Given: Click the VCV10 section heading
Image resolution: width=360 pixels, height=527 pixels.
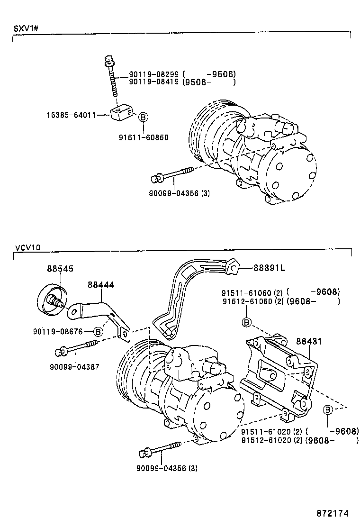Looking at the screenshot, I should [28, 247].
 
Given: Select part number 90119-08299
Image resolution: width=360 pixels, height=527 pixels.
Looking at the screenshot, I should [152, 74].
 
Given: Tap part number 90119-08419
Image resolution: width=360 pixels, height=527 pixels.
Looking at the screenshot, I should [152, 82].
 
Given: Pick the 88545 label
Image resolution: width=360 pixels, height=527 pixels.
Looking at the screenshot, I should [60, 269].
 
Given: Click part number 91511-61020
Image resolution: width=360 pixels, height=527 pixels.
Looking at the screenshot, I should [264, 431].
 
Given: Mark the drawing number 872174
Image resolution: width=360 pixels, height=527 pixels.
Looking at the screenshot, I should [333, 513].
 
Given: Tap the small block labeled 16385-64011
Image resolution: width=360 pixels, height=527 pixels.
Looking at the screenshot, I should [121, 113].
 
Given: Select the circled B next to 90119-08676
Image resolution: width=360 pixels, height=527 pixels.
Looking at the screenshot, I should [98, 331].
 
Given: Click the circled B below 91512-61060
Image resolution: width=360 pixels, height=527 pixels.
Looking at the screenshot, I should [246, 322].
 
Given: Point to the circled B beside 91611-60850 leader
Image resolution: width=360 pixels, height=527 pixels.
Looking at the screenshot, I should [143, 116].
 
